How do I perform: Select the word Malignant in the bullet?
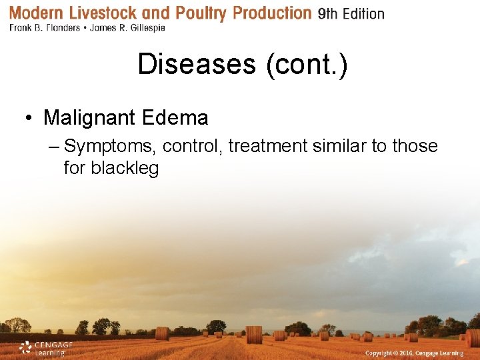88,118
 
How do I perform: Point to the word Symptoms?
110,146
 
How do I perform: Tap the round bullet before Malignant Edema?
30,119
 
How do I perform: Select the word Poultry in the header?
199,13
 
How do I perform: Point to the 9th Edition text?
351,13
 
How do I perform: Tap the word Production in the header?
273,13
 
